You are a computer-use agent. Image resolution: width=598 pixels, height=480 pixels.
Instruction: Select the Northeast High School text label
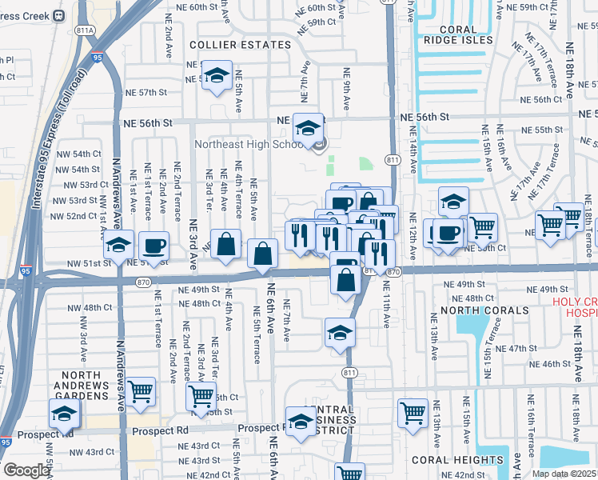pyautogui.click(x=252, y=145)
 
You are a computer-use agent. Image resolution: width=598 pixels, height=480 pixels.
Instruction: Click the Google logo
pyautogui.click(x=27, y=470)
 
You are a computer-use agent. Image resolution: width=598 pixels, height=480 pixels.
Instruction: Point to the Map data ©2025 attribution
pyautogui.click(x=564, y=474)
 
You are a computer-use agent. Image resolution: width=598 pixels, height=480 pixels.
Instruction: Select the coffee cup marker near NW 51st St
pyautogui.click(x=153, y=246)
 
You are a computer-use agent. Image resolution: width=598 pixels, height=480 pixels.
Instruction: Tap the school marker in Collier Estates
pyautogui.click(x=216, y=76)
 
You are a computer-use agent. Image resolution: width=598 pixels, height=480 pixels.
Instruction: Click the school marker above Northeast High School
pyautogui.click(x=308, y=127)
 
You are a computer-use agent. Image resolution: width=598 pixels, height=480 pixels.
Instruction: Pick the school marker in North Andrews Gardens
pyautogui.click(x=64, y=414)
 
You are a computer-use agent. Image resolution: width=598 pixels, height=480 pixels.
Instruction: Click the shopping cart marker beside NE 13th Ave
pyautogui.click(x=413, y=413)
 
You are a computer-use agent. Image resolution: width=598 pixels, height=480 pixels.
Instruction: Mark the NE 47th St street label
pyautogui.click(x=516, y=348)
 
